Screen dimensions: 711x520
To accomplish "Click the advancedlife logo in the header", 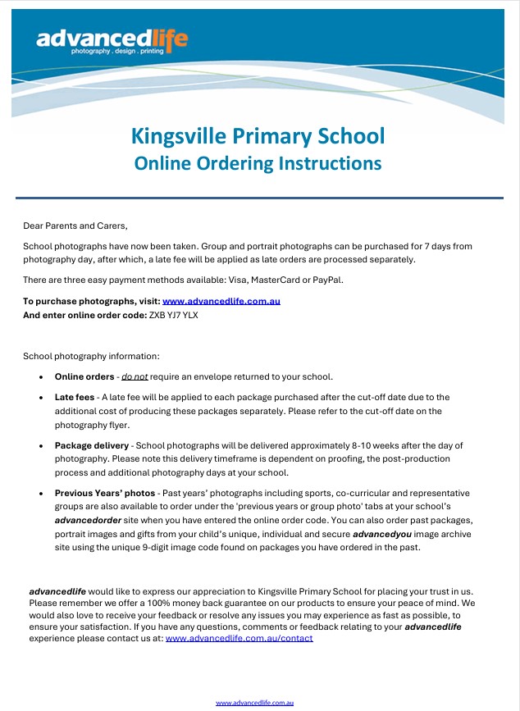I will pos(112,40).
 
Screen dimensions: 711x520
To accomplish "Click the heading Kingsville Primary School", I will pos(258,135).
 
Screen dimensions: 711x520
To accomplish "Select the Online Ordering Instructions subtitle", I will pos(258,163).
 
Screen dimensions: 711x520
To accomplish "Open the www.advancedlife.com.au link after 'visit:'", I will pos(221,301).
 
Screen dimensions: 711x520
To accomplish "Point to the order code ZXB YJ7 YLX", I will pos(174,314).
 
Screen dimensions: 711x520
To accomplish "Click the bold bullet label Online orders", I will pos(84,376).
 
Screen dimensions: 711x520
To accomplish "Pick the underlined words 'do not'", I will pos(135,376).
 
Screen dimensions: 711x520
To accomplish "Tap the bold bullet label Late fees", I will pos(75,397).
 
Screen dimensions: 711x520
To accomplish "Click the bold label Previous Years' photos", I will pos(105,494).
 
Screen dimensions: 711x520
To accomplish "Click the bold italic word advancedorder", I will pos(90,521).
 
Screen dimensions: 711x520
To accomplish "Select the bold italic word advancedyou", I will pos(385,534).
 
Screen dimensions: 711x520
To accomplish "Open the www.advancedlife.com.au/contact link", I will pos(239,638).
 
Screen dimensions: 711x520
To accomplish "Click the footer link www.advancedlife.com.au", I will pos(254,703).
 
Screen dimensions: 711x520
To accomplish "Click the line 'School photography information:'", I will pos(91,357).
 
